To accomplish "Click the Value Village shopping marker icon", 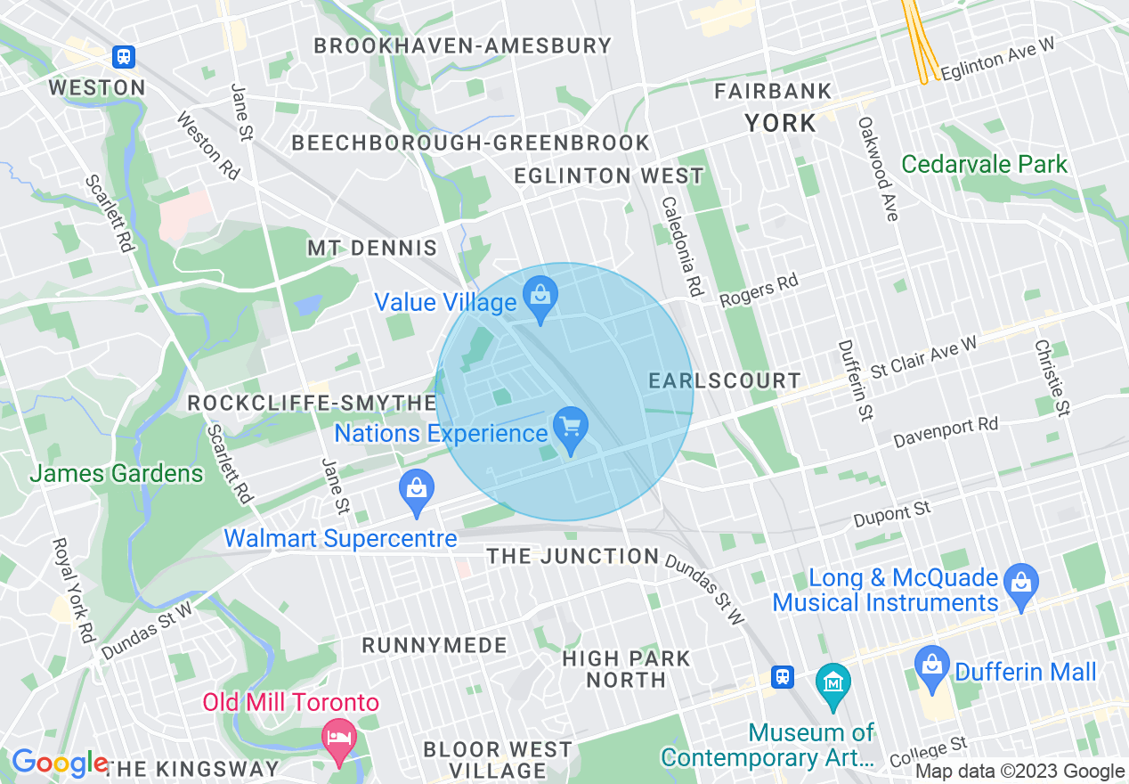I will pos(540,293).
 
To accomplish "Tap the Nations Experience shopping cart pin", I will pos(570,425).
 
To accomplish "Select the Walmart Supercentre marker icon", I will pos(416,489).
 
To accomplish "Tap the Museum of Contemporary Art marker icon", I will pos(833,683).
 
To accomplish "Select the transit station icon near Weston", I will pos(124,57).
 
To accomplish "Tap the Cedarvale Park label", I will pos(984,164).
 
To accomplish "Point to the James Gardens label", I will pos(117,473).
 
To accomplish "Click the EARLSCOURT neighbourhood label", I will pos(725,380).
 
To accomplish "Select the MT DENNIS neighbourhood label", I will pos(372,248).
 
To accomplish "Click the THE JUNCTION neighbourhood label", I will pos(573,557).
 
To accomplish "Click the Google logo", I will pos(59,763).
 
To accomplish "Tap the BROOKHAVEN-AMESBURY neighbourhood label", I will pos(463,45).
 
